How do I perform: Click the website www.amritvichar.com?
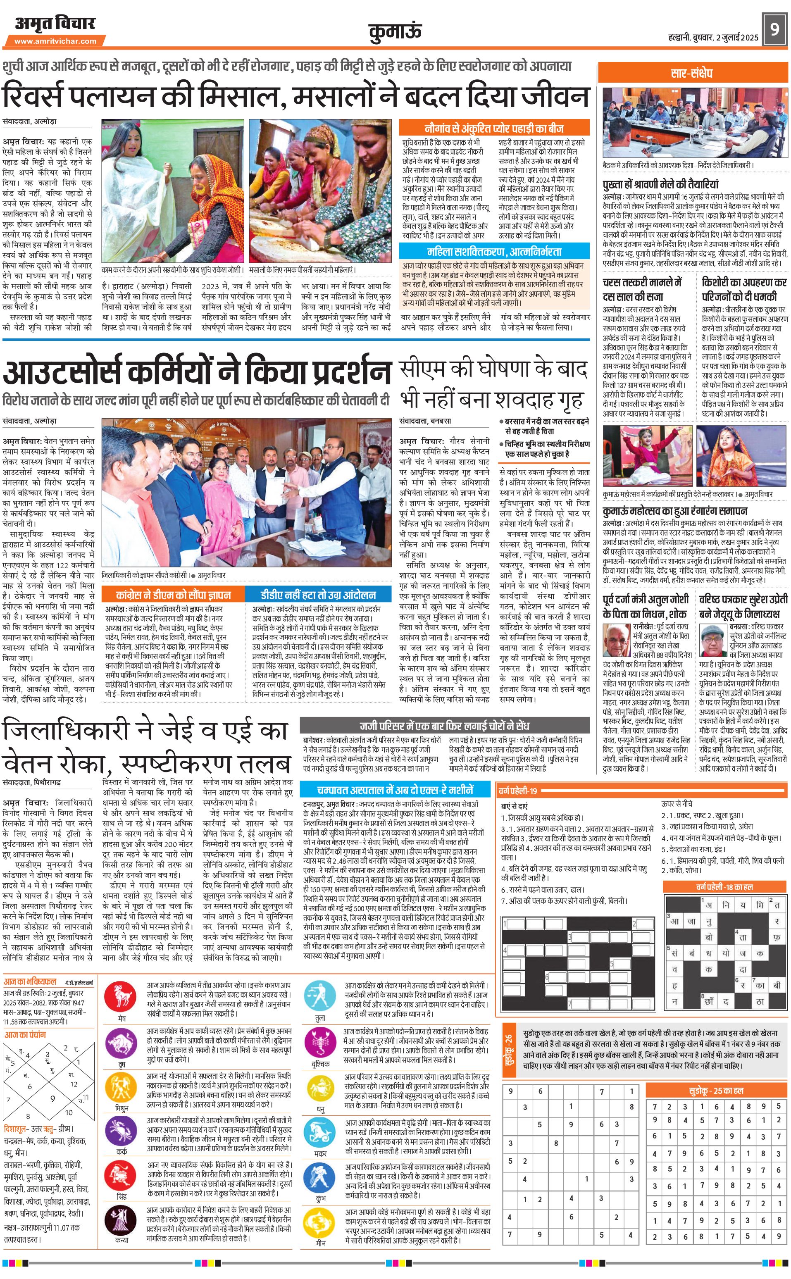[x=55, y=41]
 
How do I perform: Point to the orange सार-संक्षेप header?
[x=691, y=73]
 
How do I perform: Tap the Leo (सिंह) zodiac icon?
[x=122, y=1174]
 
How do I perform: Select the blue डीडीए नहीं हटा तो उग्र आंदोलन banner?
[x=318, y=595]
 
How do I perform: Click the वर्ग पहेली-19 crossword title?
[x=518, y=791]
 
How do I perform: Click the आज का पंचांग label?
[x=25, y=1034]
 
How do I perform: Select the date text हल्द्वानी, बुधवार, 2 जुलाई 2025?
[x=713, y=38]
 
